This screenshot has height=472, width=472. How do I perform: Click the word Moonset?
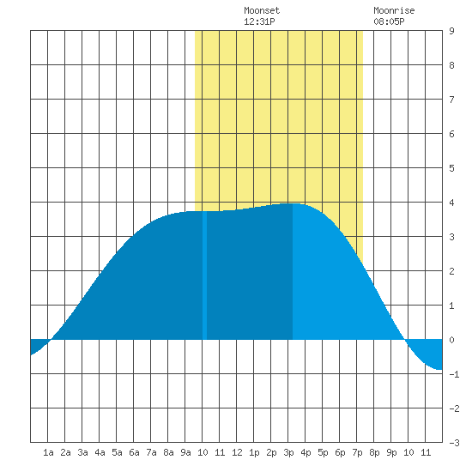point(262,10)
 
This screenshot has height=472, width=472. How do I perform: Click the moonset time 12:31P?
point(259,21)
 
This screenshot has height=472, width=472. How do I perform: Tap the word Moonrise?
point(394,10)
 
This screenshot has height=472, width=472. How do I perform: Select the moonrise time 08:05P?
point(389,21)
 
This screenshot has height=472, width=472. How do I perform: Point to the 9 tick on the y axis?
point(451,31)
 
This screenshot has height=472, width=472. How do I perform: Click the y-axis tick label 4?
point(451,203)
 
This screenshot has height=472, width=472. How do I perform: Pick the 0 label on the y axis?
point(451,340)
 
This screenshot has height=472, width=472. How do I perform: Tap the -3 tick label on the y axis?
point(454,443)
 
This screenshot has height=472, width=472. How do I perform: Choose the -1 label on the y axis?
point(454,374)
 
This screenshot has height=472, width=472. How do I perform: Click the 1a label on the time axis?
point(48,452)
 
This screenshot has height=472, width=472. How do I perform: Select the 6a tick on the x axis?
point(134,452)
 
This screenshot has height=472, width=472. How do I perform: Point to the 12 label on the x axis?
point(237,452)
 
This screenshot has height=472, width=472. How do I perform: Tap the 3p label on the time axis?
point(288,452)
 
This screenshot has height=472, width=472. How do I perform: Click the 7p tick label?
point(357,452)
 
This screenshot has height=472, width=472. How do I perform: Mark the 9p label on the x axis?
point(391,452)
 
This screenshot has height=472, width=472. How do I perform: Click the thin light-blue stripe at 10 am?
point(204,275)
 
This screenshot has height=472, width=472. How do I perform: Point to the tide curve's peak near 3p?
point(293,203)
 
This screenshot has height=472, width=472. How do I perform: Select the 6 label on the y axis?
point(451,134)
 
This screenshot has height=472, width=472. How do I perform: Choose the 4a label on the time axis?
point(100,452)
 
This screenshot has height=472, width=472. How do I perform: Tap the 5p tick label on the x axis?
point(323,452)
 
